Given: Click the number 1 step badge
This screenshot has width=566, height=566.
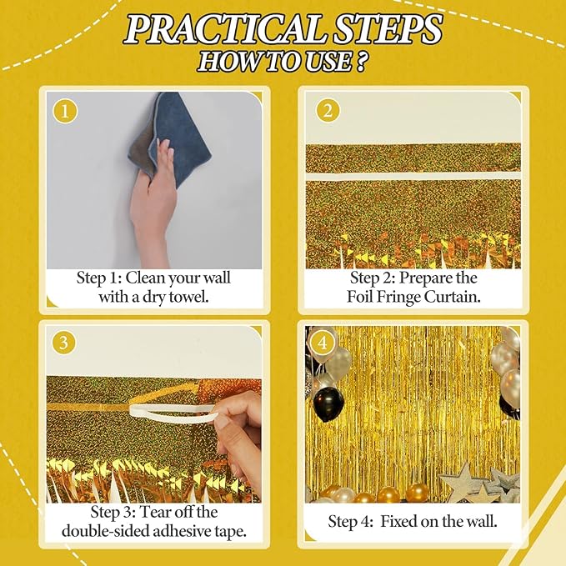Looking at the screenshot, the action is tap(65, 112).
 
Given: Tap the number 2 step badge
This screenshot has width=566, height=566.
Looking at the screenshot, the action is tap(328, 111).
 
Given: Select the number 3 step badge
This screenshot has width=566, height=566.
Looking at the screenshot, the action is tap(63, 343).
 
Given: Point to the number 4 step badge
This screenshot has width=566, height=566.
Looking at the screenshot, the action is tap(323, 343).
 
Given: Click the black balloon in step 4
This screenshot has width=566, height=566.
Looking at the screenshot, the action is tap(328, 404).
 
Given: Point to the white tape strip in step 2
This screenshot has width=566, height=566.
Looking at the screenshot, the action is tap(413, 177).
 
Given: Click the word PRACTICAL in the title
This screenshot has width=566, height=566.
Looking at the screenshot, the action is tap(223, 30).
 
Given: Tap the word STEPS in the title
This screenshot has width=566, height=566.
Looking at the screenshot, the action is tap(386, 30).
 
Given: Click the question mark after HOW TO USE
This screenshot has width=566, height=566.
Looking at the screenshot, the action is tap(360, 62).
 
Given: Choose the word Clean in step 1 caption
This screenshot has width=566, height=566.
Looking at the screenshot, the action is tap(146, 278).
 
